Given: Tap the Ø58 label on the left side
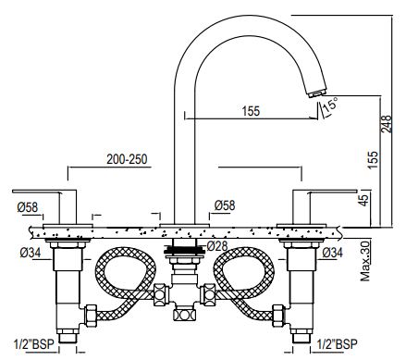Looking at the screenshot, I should pos(29,206).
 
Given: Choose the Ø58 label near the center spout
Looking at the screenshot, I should pos(226,205).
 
